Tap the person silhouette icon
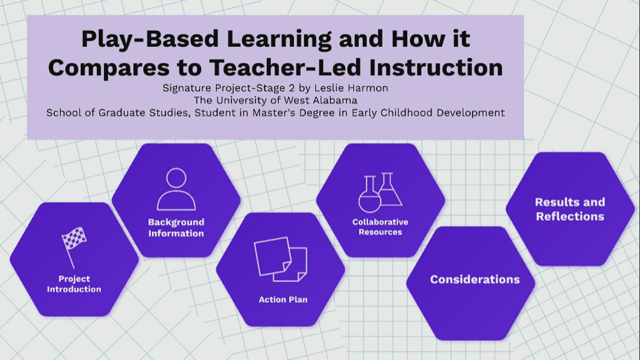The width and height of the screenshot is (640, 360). tap(176, 189)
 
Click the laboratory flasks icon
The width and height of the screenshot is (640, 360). tap(380, 192)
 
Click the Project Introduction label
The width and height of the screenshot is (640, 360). tap(74, 284)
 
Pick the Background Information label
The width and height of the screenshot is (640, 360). tap(176, 227)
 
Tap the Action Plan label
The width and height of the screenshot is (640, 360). tap(283, 299)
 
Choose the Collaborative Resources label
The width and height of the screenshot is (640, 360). tap(380, 227)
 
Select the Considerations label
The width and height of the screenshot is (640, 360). tap(474, 279)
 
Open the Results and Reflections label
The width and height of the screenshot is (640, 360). tap(570, 209)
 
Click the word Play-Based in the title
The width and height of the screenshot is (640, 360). tap(150, 39)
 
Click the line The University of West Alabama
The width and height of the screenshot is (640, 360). tap(275, 100)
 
